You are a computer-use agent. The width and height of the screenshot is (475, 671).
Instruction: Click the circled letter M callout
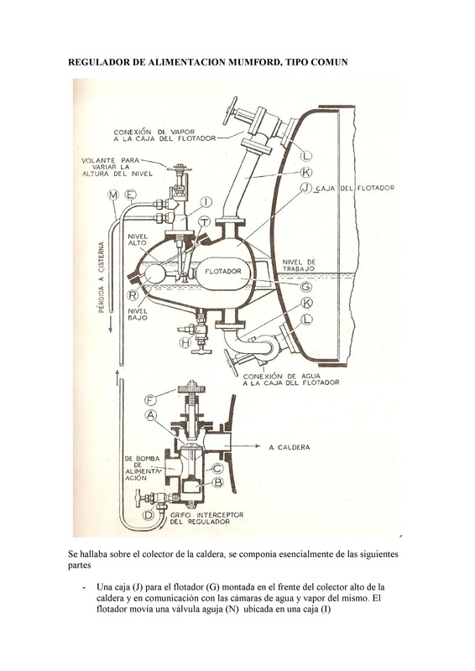click(113, 195)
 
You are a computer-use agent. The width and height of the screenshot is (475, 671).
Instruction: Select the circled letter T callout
click(204, 221)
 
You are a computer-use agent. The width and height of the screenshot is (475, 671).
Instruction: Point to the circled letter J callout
click(305, 187)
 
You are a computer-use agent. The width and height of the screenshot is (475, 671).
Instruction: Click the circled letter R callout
click(133, 295)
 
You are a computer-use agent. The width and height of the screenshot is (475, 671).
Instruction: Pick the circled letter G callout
click(305, 286)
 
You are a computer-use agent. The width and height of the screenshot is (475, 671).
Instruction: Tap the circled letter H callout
click(185, 342)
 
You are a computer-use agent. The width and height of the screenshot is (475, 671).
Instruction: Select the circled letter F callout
click(150, 401)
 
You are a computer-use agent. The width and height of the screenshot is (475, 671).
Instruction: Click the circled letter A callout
click(150, 414)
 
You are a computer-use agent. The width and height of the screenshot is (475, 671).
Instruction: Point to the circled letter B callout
click(218, 482)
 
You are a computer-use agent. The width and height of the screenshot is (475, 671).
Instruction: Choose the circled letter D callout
click(149, 515)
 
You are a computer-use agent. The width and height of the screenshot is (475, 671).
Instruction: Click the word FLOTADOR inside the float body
click(222, 271)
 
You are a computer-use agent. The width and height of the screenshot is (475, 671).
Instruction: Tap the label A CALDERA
click(290, 447)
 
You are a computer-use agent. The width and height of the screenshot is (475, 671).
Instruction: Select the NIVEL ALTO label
click(138, 240)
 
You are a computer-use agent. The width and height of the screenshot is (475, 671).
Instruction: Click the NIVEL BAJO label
click(138, 315)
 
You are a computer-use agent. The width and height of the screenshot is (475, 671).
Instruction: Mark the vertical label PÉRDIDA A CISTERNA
click(102, 278)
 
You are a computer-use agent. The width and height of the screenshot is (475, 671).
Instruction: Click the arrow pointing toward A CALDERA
click(245, 446)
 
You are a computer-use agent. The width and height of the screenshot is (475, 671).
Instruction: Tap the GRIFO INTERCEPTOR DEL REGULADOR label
click(207, 518)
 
